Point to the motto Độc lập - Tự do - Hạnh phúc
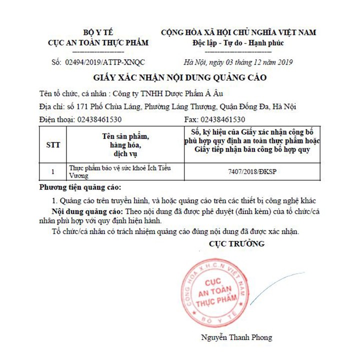[238, 42]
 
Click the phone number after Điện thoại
[98, 119]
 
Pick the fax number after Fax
[222, 119]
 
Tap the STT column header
[52, 145]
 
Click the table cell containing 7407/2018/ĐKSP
[254, 171]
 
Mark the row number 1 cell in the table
[52, 171]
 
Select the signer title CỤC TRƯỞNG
[236, 244]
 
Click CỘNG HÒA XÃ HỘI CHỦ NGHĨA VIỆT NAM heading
[238, 32]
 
